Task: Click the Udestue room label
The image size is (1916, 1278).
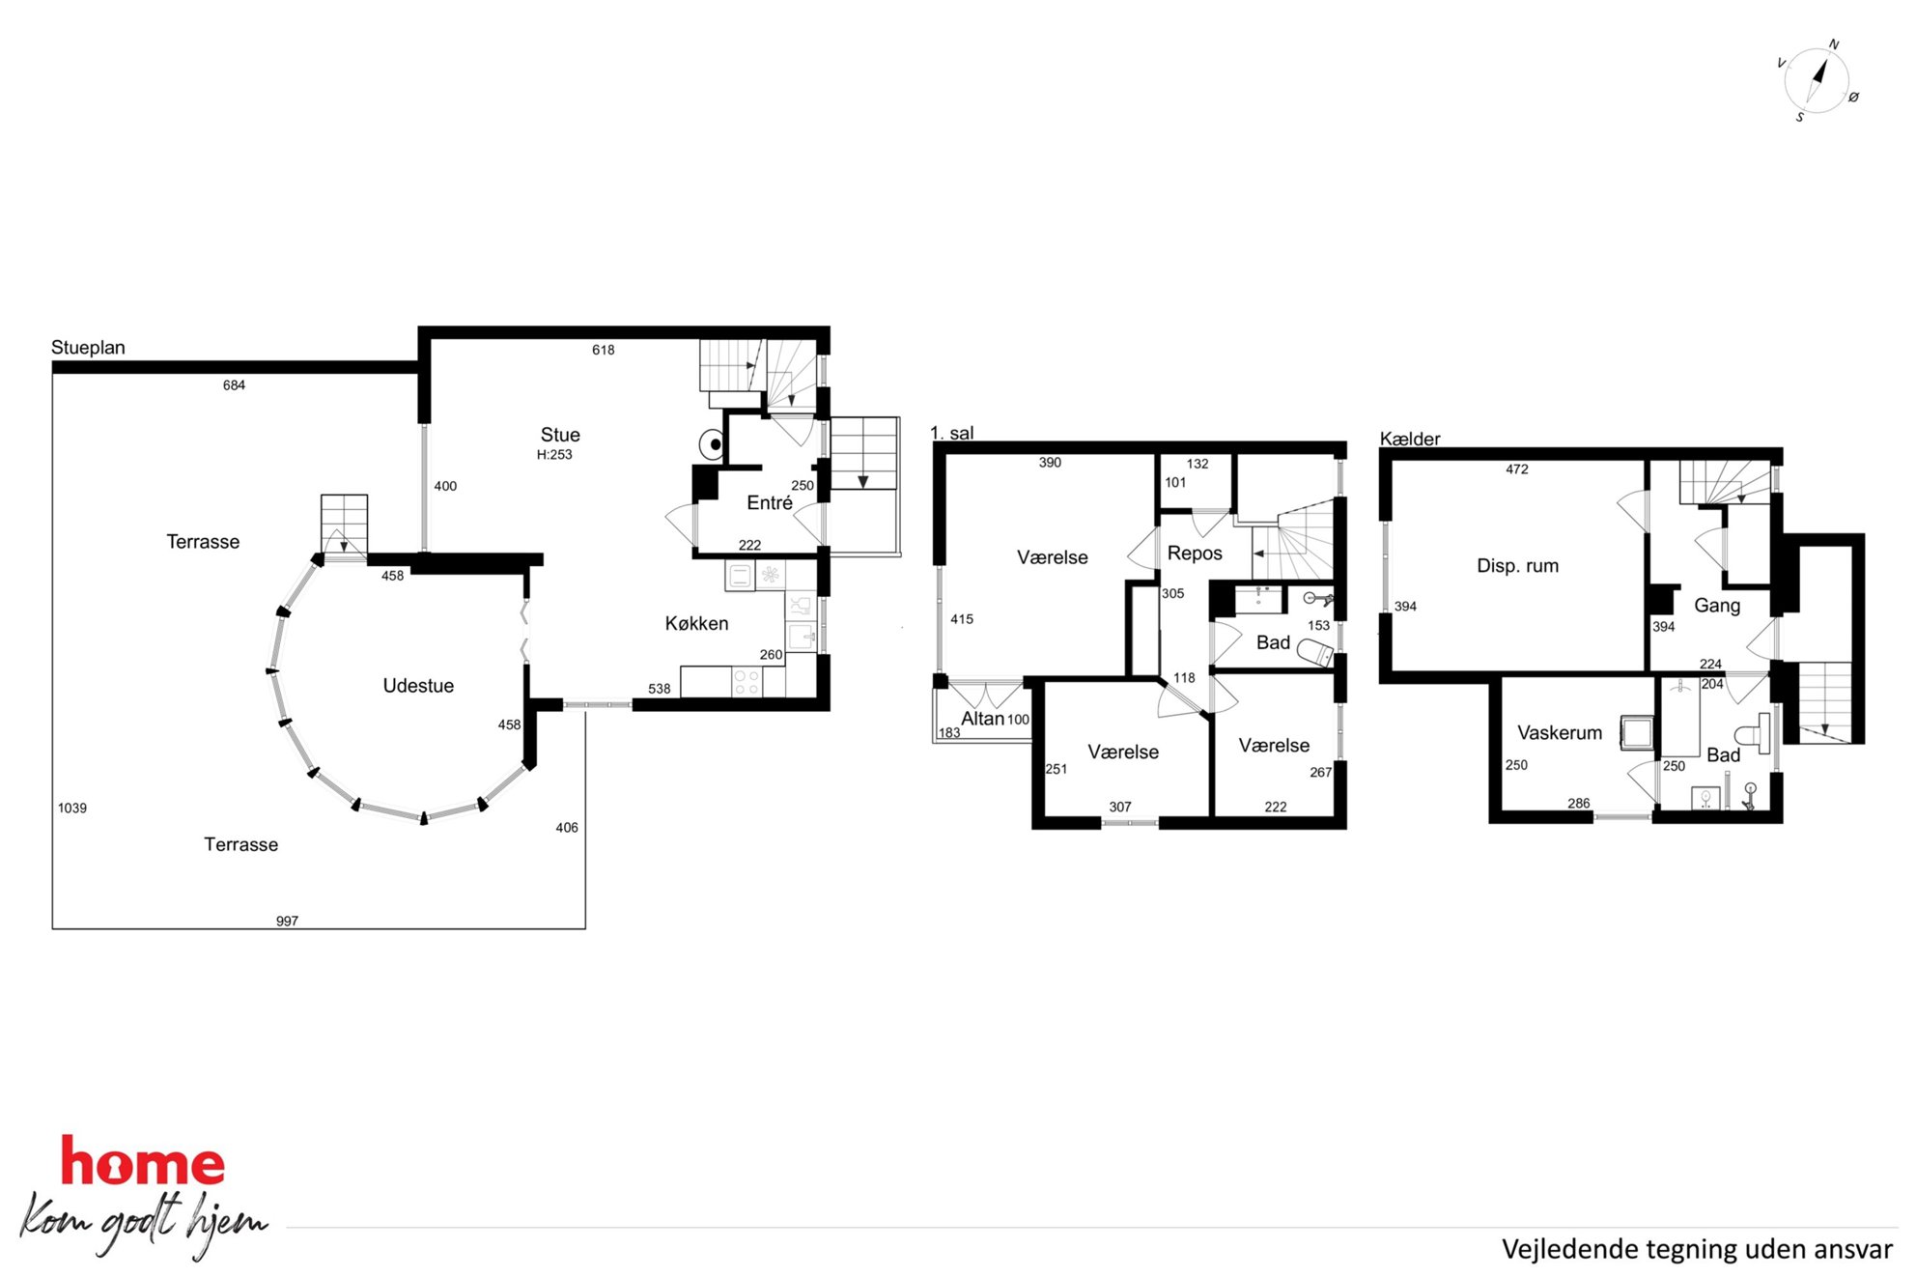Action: [x=418, y=686]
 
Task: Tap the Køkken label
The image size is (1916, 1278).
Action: [x=696, y=624]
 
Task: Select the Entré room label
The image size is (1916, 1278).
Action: [x=770, y=502]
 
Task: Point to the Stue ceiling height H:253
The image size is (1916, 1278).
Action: [x=554, y=455]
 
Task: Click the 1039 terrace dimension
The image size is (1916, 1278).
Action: [x=72, y=809]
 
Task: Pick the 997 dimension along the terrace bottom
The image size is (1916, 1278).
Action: [x=287, y=921]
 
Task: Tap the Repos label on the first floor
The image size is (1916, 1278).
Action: [x=1195, y=554]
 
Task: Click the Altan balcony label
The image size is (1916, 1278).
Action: [x=982, y=719]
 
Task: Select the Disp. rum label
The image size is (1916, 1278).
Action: [x=1517, y=566]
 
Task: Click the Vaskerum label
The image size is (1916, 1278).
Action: [x=1560, y=733]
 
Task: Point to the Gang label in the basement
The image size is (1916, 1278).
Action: [x=1717, y=606]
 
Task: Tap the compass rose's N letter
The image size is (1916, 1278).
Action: [x=1834, y=44]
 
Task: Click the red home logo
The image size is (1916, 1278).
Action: [x=143, y=1161]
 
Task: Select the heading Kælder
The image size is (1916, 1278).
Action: [x=1410, y=439]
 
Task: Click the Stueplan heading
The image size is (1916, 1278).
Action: [x=88, y=348]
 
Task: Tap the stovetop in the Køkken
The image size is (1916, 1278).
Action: [x=747, y=682]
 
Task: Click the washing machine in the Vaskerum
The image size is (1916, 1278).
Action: [x=1638, y=732]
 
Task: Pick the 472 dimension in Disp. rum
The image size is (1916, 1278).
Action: [x=1517, y=469]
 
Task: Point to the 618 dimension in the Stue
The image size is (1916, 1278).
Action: [x=604, y=350]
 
